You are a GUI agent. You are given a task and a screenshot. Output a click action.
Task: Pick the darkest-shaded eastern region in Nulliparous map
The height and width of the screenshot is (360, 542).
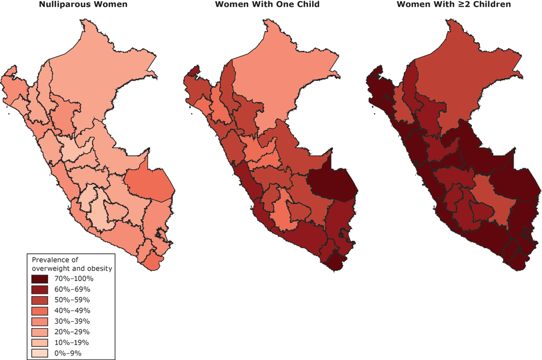click(x=148, y=185)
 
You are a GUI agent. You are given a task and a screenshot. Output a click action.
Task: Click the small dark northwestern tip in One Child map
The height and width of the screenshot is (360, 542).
click(x=193, y=72)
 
